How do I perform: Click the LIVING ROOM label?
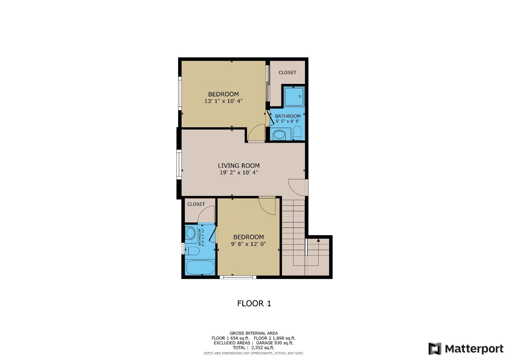coord(239,166)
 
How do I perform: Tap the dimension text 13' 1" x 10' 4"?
coord(223,101)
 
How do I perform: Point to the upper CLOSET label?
coord(287,73)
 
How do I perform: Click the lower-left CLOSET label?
coord(196,204)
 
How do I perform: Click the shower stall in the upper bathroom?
coord(294,96)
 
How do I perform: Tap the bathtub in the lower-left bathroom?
coord(200,267)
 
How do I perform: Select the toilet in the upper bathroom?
coord(297,133)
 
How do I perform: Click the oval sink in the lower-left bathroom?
coord(191,233)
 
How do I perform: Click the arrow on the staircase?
coord(318,241)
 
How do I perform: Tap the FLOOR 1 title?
coord(254,303)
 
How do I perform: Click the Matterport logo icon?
coord(435,349)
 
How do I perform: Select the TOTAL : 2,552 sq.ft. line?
coord(253,348)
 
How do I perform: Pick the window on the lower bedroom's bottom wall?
coord(238,277)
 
